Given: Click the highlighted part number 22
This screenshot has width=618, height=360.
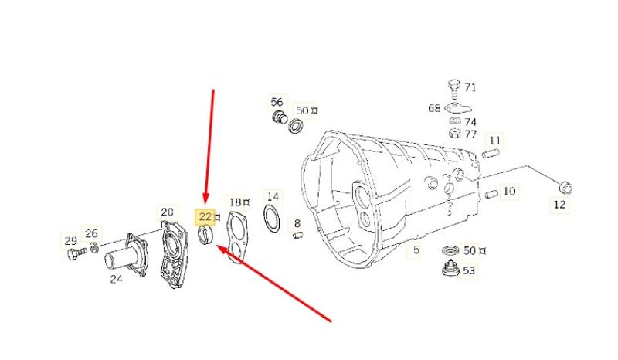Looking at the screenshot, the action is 205,216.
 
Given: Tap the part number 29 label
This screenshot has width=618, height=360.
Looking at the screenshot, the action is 70,240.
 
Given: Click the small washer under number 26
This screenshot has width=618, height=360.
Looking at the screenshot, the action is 94,248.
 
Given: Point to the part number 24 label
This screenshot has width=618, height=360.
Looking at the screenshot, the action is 116,279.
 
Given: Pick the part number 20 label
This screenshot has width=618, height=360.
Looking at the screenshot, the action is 167,212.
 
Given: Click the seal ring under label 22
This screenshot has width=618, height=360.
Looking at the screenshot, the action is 205,236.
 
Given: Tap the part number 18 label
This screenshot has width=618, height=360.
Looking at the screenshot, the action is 236,202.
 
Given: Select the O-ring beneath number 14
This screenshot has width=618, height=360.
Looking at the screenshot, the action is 272,219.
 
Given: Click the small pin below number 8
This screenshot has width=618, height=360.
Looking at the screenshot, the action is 297,236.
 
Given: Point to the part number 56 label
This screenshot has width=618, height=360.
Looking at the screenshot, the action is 277,102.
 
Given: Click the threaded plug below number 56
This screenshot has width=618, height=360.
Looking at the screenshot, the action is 280,117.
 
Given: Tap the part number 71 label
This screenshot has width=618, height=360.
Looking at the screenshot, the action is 470,87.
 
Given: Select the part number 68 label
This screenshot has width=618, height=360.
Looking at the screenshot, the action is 434,108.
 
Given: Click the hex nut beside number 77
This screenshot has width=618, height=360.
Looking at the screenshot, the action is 454,134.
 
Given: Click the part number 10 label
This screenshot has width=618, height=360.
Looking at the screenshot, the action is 509,192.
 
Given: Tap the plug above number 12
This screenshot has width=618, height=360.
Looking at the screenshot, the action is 565,187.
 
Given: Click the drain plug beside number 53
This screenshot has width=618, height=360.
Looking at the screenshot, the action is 450,269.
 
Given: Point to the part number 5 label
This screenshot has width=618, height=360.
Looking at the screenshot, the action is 416,250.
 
